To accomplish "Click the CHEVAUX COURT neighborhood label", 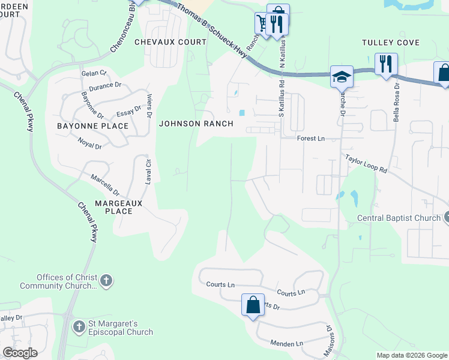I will pos(170,42).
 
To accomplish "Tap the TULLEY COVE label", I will pos(390,43).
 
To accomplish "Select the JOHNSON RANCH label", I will pos(187,124).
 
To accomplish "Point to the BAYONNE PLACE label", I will pos(92,126).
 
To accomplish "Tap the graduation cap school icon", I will pos(341,77).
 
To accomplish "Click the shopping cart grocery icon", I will pos(262,23).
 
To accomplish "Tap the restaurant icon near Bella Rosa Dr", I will pos(386,64).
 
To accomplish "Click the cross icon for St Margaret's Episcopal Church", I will pos(79,327).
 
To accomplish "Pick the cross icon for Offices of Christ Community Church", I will pos(106,280).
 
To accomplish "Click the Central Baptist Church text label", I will pos(399,218).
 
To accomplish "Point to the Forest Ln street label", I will pos(310,139).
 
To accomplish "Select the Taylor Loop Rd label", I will pos(366,163).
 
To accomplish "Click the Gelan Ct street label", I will pos(94,73).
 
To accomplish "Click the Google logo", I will pos(20,353).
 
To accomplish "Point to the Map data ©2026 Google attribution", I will pos(411,355).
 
